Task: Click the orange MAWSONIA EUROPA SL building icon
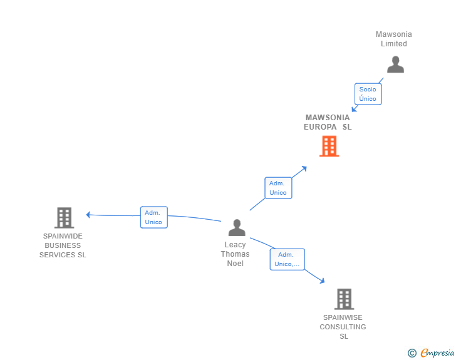pos(329,147)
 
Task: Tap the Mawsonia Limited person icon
pos(395,64)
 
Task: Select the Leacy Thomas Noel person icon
pos(237,227)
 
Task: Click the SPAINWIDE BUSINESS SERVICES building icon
pos(65,217)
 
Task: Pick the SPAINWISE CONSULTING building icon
pos(344,299)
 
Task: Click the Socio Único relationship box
pos(368,94)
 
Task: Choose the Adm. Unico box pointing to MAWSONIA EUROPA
pos(278,188)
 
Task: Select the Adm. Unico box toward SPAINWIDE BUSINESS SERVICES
pos(154,217)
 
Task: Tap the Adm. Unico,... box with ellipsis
pos(288,259)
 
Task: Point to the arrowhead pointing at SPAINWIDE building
pos(88,215)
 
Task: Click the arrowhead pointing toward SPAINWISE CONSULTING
pos(322,280)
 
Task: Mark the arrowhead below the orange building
pos(304,168)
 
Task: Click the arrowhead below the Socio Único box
pos(355,109)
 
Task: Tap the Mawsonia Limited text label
pos(394,39)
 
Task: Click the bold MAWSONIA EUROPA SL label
pos(328,122)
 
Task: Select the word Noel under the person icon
pos(236,264)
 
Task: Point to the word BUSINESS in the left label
pos(63,245)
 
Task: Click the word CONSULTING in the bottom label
pos(343,327)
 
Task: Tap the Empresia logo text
pos(437,352)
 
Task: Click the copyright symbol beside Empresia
pos(412,353)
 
